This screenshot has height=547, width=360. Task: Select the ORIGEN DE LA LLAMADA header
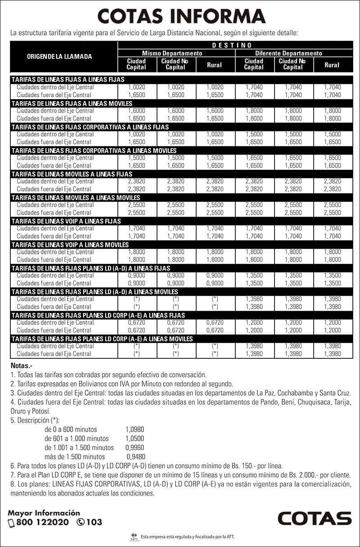pyautogui.click(x=59, y=57)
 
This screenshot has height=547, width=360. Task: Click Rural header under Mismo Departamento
pyautogui.click(x=214, y=65)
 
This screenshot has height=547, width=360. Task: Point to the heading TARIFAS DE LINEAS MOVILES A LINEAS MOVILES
pyautogui.click(x=76, y=198)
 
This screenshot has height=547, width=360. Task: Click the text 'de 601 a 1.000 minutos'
pyautogui.click(x=76, y=439)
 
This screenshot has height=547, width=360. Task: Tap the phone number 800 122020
pyautogui.click(x=42, y=523)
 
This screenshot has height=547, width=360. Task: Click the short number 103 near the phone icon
pyautogui.click(x=94, y=523)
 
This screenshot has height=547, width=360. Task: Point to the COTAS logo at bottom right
pyautogui.click(x=314, y=518)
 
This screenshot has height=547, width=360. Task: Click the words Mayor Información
pyautogui.click(x=44, y=513)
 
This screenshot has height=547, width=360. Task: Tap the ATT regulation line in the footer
pyautogui.click(x=188, y=537)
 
